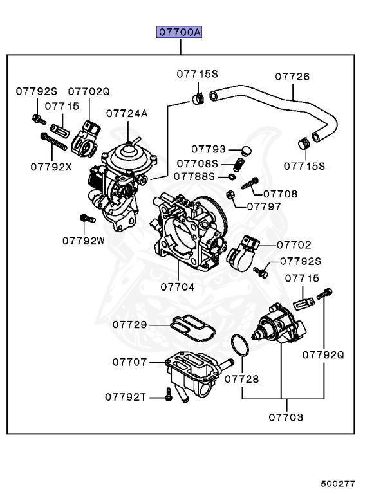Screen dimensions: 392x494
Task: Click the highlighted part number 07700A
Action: (179, 32)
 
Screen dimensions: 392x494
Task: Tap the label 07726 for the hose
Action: (292, 77)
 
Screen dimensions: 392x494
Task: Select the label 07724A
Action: (127, 113)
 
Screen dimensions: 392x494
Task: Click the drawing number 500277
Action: (338, 484)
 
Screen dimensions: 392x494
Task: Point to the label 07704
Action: (178, 287)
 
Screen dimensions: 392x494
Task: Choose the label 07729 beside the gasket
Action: (129, 324)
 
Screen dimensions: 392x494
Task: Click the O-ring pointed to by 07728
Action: (240, 345)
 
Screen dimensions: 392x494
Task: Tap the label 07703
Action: (286, 417)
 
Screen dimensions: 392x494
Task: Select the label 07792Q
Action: (323, 355)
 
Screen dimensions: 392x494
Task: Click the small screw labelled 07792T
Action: (169, 394)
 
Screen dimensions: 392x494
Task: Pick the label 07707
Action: (129, 362)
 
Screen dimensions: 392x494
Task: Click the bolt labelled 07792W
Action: (88, 218)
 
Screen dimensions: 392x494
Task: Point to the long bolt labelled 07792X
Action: (53, 142)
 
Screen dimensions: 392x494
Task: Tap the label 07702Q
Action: (89, 92)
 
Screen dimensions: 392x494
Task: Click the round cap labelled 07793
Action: (247, 151)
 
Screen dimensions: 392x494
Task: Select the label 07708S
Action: (198, 164)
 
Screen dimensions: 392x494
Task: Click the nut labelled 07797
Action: (230, 195)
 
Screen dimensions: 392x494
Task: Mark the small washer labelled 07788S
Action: (232, 177)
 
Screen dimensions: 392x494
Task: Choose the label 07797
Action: (264, 206)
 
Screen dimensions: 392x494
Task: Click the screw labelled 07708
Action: (250, 183)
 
